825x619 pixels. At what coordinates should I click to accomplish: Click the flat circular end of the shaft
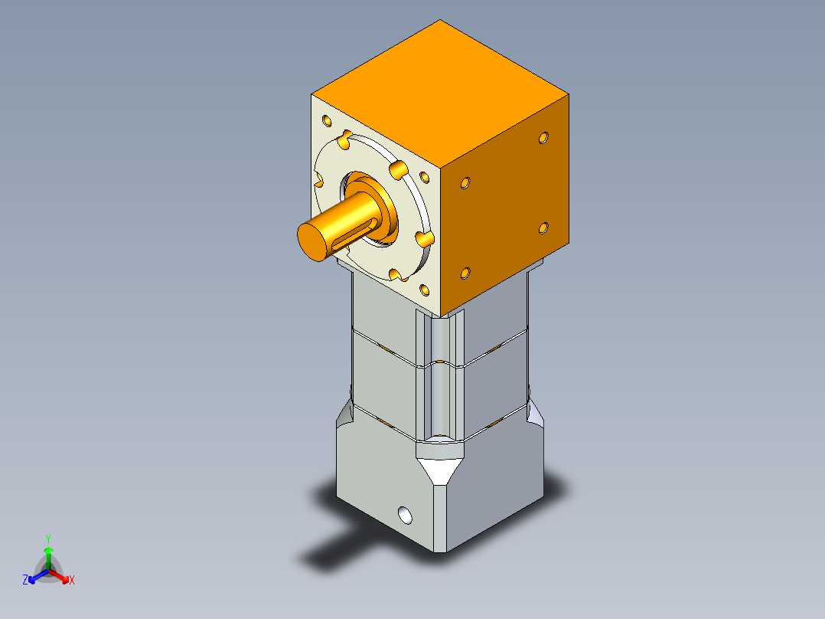(313, 242)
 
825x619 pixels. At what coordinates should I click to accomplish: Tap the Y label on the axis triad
(48, 539)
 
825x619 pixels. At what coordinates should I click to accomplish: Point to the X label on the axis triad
(72, 580)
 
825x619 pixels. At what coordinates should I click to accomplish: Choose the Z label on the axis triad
(25, 579)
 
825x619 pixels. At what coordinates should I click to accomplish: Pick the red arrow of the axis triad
(59, 576)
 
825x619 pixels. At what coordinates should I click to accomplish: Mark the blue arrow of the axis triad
(38, 576)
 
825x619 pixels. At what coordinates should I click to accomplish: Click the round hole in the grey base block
(405, 516)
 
